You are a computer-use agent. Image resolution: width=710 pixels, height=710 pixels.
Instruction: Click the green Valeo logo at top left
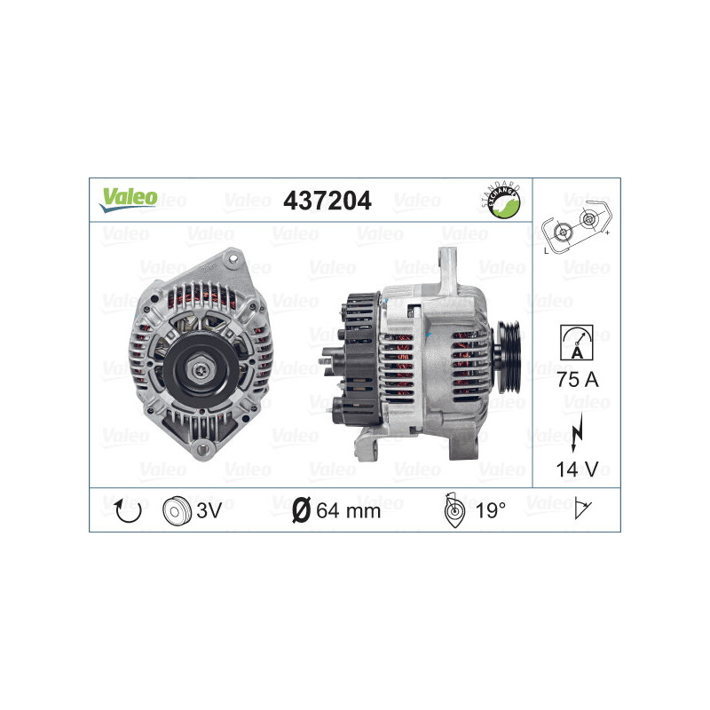[127, 199]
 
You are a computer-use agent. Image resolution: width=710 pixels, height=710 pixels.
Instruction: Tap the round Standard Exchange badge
[502, 201]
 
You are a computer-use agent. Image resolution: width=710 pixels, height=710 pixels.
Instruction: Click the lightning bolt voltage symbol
[577, 423]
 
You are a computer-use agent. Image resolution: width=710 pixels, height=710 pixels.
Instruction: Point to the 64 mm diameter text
[348, 510]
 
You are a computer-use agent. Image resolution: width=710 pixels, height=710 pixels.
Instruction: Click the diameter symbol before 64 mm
[301, 510]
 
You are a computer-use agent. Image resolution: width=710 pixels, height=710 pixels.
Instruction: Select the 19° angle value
[491, 510]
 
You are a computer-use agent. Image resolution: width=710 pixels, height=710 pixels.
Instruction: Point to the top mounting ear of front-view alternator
[233, 260]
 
